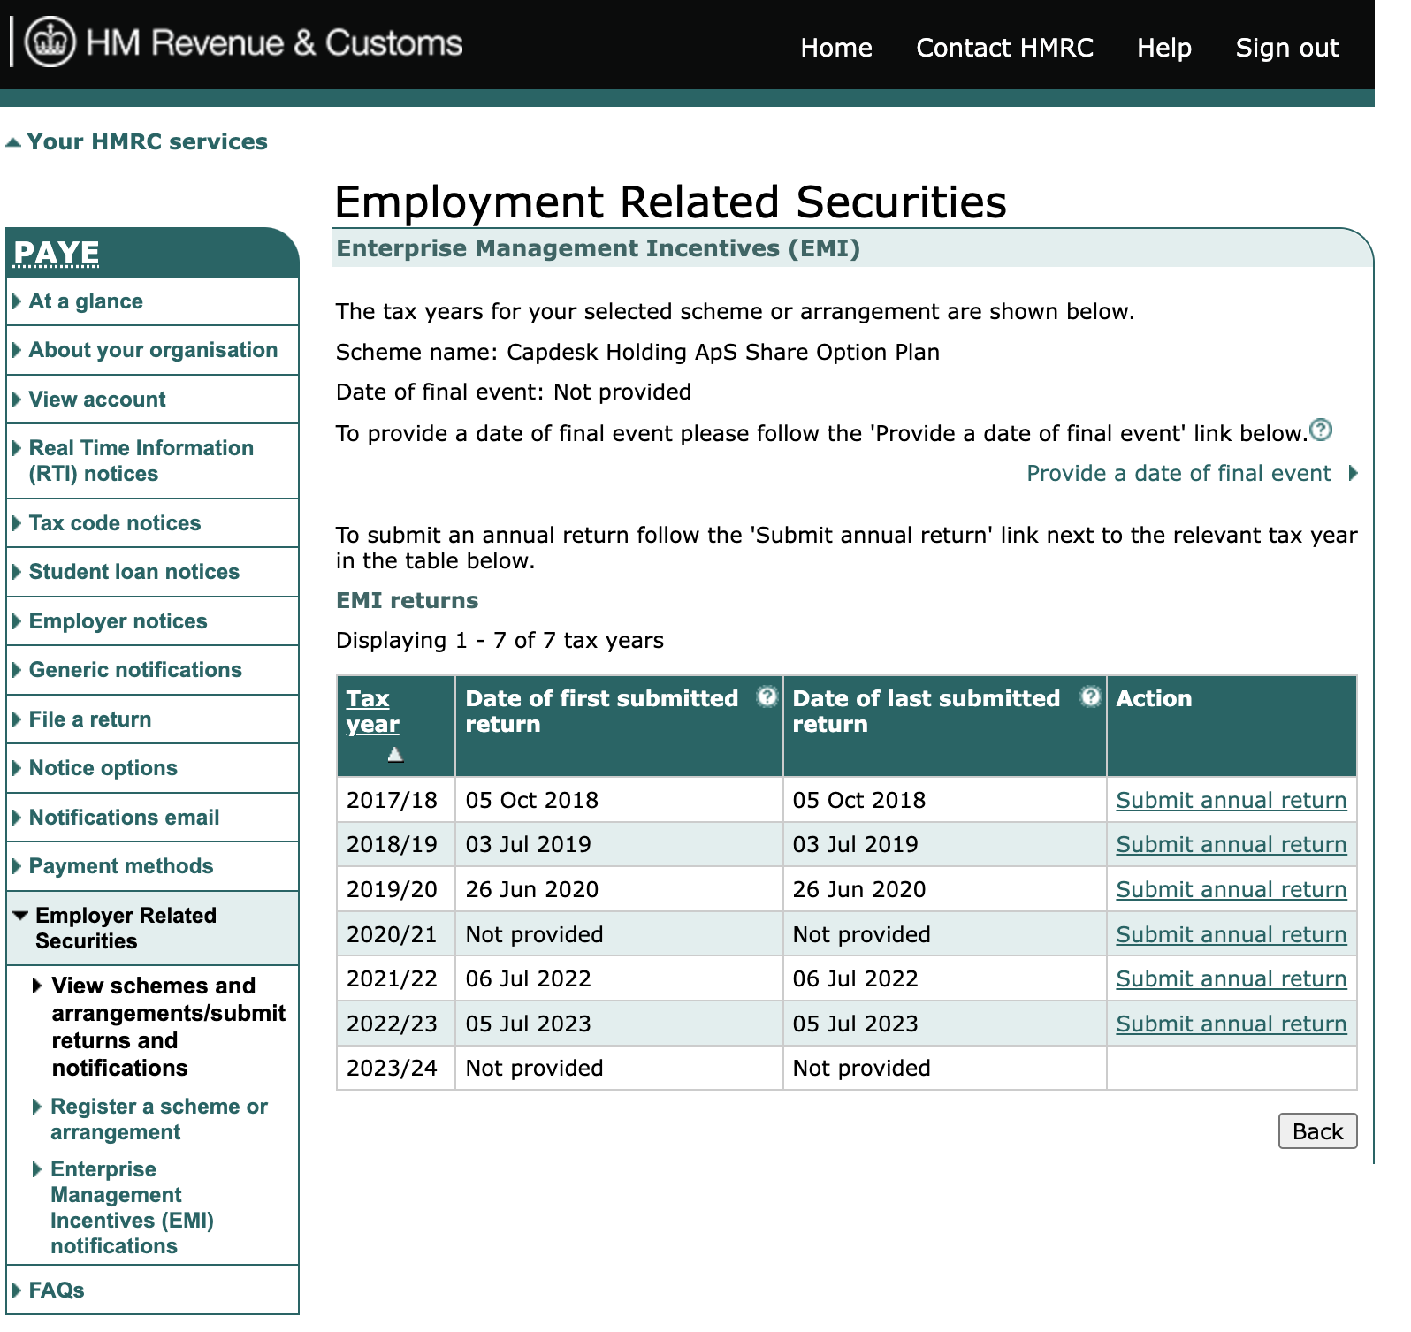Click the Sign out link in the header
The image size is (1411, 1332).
click(x=1286, y=48)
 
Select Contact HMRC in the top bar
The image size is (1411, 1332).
click(x=1004, y=48)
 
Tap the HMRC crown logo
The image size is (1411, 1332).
click(x=50, y=42)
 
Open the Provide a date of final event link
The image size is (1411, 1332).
click(x=1178, y=474)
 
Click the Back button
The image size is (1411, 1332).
click(x=1316, y=1131)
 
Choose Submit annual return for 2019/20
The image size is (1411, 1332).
click(x=1231, y=890)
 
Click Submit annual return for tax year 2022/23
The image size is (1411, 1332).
click(x=1231, y=1024)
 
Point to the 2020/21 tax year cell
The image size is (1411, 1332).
click(x=392, y=935)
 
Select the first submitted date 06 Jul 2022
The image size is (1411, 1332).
click(x=529, y=979)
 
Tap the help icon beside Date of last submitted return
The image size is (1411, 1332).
click(x=1091, y=696)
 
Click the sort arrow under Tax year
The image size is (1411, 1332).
click(x=395, y=755)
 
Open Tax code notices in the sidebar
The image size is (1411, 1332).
click(x=115, y=523)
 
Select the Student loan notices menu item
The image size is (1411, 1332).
click(x=134, y=572)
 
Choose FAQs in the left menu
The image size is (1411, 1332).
click(x=57, y=1290)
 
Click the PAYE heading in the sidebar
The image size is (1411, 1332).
click(x=57, y=254)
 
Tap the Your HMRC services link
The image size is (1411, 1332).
click(x=147, y=142)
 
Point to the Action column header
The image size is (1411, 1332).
click(x=1154, y=699)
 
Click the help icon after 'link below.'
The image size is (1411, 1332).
click(x=1320, y=430)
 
